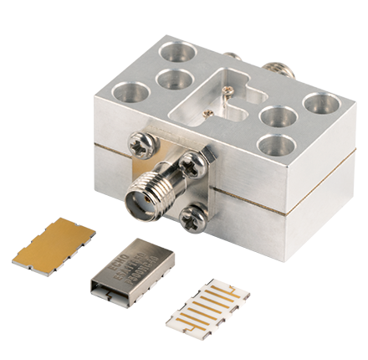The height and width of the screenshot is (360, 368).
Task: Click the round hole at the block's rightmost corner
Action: (319, 103)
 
